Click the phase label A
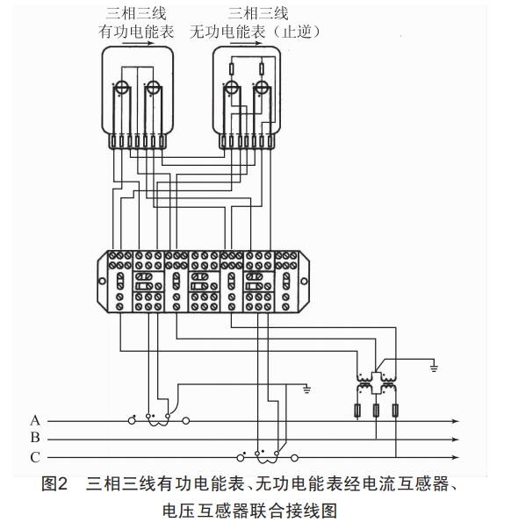tap(35, 420)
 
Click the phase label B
tap(35, 438)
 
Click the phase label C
tap(35, 457)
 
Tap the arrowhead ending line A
tap(456, 421)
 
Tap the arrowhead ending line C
tap(456, 457)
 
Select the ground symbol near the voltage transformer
tap(434, 368)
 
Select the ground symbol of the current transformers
tap(306, 390)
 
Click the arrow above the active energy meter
tap(138, 43)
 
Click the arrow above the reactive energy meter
tap(247, 43)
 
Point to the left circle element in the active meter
tap(121, 88)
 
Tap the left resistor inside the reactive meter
tap(232, 69)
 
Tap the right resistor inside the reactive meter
tap(262, 69)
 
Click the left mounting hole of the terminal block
tap(102, 282)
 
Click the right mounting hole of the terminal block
tap(304, 282)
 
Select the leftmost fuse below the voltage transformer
tap(357, 411)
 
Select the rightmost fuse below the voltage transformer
tap(395, 411)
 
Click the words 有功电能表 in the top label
tap(136, 32)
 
